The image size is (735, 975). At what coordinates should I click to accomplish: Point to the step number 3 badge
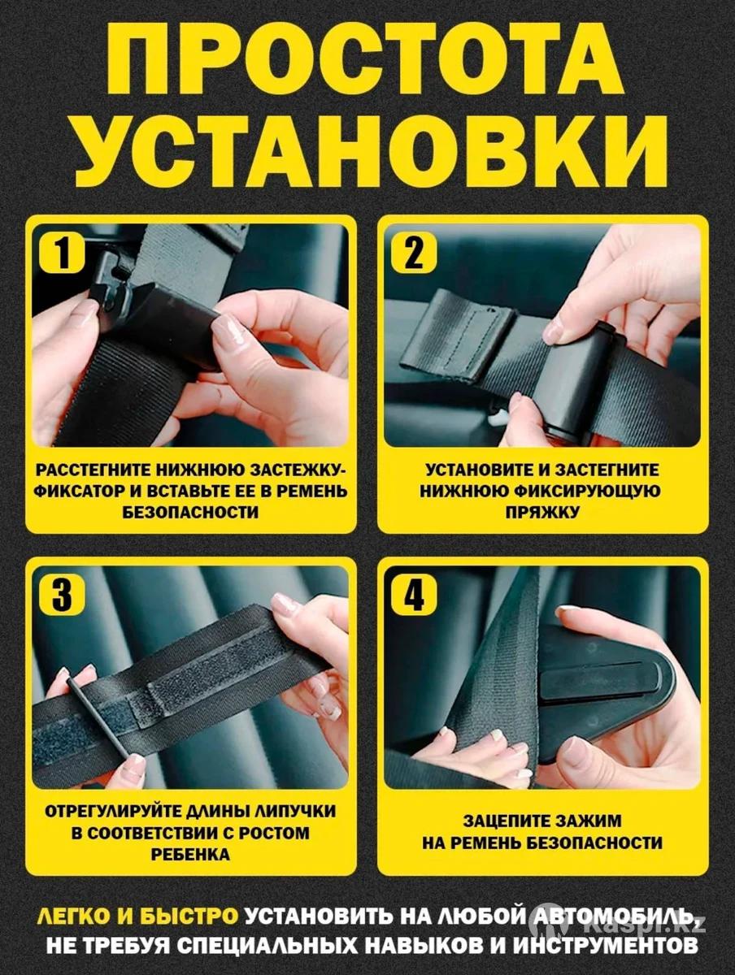[63, 596]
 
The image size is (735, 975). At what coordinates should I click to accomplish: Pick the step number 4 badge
[414, 596]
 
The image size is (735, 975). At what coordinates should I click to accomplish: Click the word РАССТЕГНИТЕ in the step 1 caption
[94, 470]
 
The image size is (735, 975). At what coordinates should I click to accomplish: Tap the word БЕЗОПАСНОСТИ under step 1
[190, 513]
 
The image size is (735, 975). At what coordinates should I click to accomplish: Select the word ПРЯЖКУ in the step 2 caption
[542, 513]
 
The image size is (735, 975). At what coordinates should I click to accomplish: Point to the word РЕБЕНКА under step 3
[190, 854]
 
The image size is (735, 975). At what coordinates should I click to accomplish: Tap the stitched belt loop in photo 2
[459, 336]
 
